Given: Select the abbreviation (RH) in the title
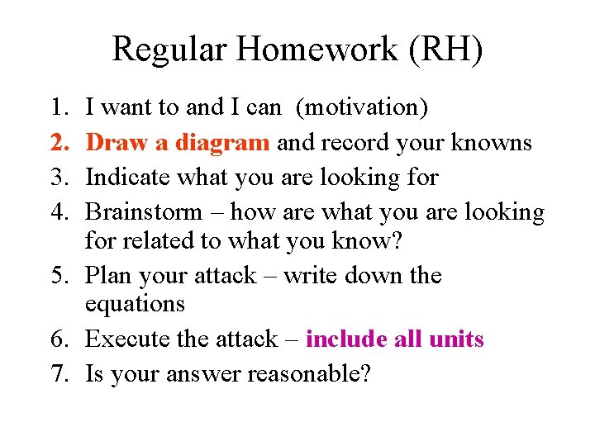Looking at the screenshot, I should coord(445,50).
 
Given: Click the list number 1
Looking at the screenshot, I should coord(57,107).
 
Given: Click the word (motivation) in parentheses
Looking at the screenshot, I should coord(362,107).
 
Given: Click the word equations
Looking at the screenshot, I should coord(135,304).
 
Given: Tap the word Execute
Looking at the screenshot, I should coord(128,339).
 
